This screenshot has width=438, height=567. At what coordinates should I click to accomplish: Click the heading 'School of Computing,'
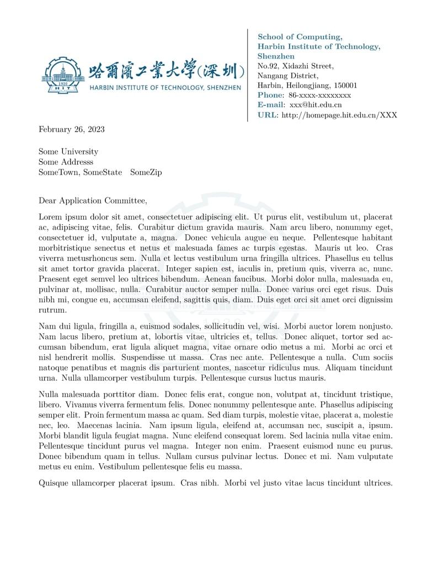point(300,37)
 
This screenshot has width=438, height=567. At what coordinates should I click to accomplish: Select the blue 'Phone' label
point(270,95)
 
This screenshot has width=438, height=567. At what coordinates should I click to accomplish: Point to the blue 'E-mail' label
point(271,105)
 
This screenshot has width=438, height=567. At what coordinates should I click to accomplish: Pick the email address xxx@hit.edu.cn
point(316,105)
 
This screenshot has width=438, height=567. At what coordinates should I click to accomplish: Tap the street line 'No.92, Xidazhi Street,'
point(295,66)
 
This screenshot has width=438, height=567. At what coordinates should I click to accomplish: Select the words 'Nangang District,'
point(287,76)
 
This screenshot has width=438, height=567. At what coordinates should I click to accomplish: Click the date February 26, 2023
point(71,130)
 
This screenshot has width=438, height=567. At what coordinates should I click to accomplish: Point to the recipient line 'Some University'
point(68,152)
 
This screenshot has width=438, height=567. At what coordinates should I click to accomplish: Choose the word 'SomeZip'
point(146,173)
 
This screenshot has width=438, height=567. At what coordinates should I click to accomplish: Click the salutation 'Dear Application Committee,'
point(93,201)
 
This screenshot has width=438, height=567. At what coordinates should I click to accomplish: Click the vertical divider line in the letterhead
point(248,75)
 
